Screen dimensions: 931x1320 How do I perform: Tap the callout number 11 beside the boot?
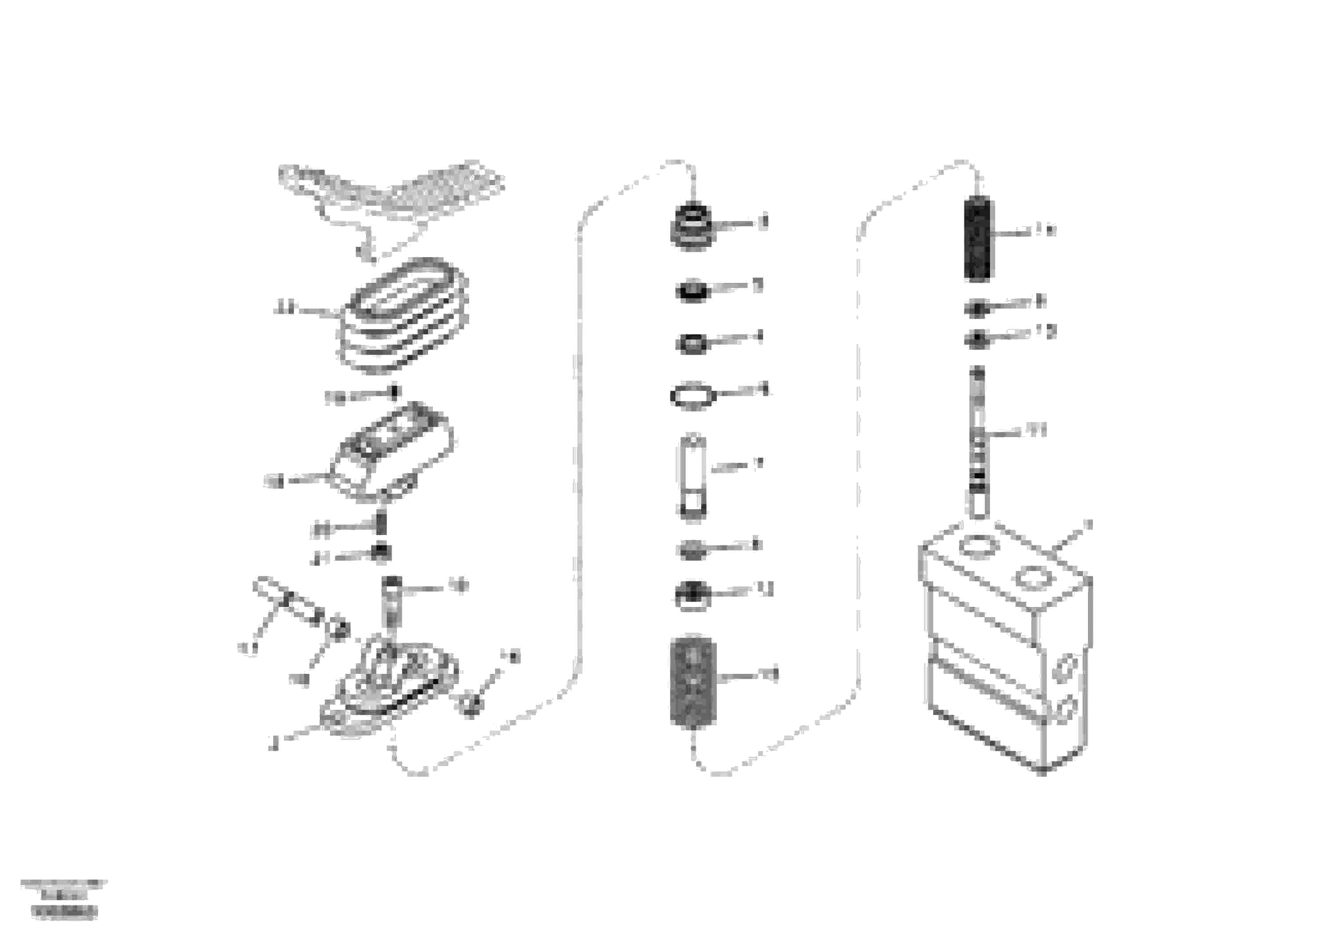(x=283, y=309)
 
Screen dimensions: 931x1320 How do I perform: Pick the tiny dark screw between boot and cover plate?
(x=394, y=392)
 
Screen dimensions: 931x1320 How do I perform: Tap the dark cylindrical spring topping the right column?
(x=978, y=237)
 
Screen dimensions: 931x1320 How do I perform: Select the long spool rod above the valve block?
(x=978, y=442)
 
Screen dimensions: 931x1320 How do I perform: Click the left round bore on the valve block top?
(x=975, y=546)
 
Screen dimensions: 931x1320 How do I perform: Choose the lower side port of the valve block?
(x=1068, y=708)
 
